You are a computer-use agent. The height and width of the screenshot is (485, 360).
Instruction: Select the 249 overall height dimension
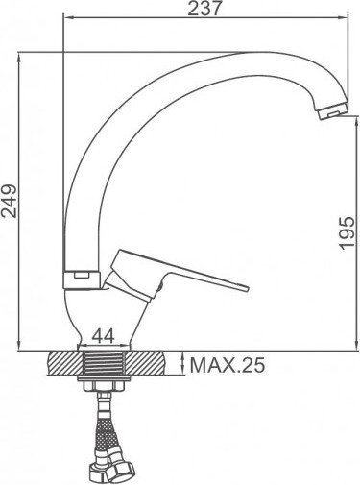coord(11,202)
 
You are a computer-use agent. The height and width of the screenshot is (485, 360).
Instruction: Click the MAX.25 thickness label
coord(227,365)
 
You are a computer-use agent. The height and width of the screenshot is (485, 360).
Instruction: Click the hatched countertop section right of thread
coord(159,365)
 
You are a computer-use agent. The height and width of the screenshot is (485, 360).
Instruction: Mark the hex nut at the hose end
coord(113,469)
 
